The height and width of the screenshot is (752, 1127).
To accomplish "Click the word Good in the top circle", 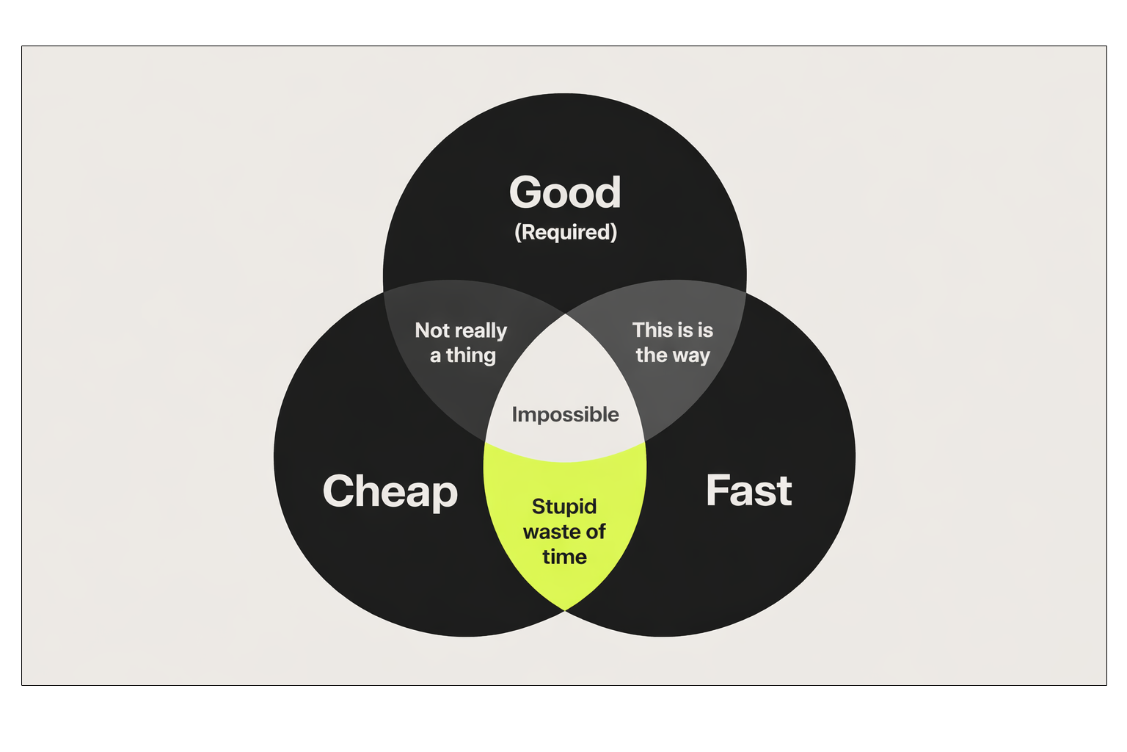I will [x=565, y=192].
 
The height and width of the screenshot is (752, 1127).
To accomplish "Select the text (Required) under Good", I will [x=566, y=232].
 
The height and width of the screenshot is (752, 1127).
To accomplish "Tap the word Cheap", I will [x=390, y=491].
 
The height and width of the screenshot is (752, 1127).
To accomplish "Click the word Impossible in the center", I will [x=565, y=415].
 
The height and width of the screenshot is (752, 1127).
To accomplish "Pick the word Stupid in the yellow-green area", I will [x=563, y=507].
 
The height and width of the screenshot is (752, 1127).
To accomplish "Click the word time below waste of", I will [x=564, y=557].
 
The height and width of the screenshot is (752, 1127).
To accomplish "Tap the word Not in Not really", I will [x=432, y=330].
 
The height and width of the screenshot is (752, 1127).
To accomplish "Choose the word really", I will [x=480, y=331].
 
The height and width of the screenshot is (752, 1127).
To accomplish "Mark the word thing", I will [x=470, y=356].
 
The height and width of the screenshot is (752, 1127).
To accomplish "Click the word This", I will [x=652, y=330].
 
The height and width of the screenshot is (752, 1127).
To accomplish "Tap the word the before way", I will [x=651, y=355].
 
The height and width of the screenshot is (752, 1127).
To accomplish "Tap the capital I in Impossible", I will [x=514, y=415].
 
